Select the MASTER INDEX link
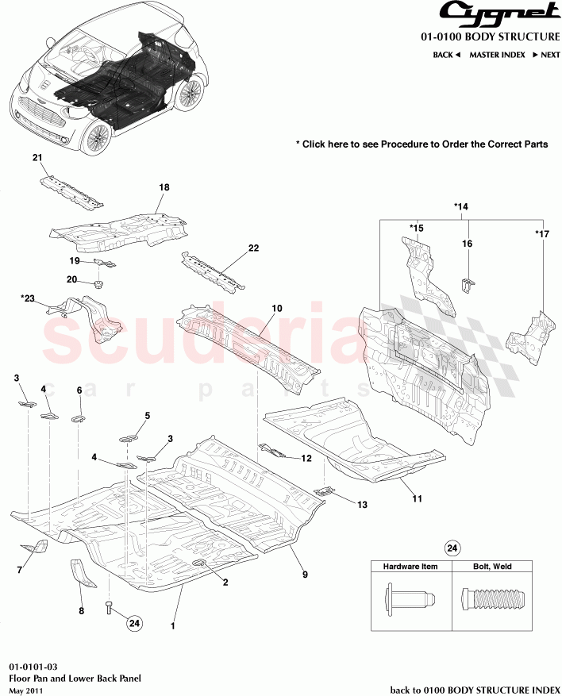point(497,55)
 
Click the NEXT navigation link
point(546,55)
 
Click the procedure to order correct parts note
point(421,144)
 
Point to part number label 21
point(37,159)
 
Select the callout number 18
point(164,187)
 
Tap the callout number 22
point(253,248)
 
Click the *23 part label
point(29,298)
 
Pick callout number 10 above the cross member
point(277,308)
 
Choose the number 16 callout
point(468,244)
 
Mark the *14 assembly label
point(461,206)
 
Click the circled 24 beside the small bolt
point(134,624)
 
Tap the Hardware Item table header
point(411,567)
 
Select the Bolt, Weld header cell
point(491,567)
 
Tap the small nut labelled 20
point(98,283)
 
